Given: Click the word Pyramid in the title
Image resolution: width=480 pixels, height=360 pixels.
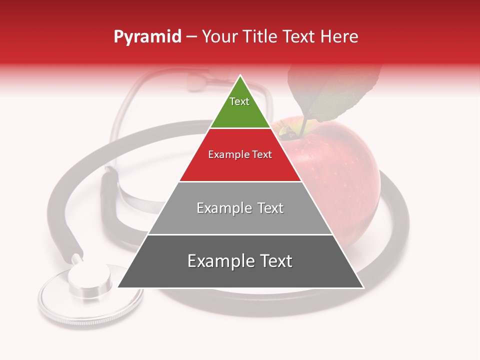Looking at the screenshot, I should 147,37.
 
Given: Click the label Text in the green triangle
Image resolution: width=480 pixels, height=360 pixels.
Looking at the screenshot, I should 239,101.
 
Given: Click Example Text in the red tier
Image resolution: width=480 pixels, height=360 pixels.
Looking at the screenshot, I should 240,154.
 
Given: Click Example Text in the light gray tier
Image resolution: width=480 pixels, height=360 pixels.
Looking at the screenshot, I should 240,208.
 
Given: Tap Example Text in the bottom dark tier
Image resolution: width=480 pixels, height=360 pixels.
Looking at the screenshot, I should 240,261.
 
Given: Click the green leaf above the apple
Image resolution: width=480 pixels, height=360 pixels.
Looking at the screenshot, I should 335,95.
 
